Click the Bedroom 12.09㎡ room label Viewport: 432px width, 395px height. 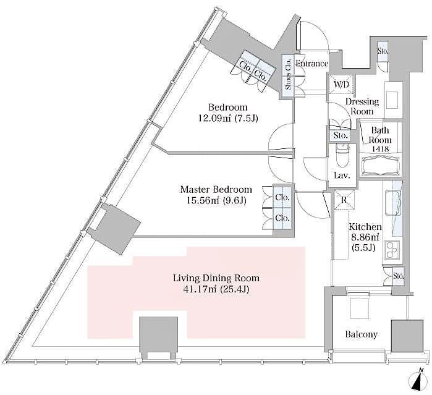pyautogui.click(x=219, y=107)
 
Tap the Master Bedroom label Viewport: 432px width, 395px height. pyautogui.click(x=216, y=189)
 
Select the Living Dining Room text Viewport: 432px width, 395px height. pyautogui.click(x=216, y=278)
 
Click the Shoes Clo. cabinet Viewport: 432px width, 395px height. pyautogui.click(x=288, y=74)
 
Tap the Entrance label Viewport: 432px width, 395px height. pyautogui.click(x=311, y=64)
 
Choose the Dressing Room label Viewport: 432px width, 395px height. pyautogui.click(x=362, y=106)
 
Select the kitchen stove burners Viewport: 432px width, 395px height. pyautogui.click(x=392, y=250)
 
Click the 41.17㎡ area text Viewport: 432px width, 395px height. pyautogui.click(x=216, y=289)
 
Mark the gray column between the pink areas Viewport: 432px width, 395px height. pyautogui.click(x=159, y=336)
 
